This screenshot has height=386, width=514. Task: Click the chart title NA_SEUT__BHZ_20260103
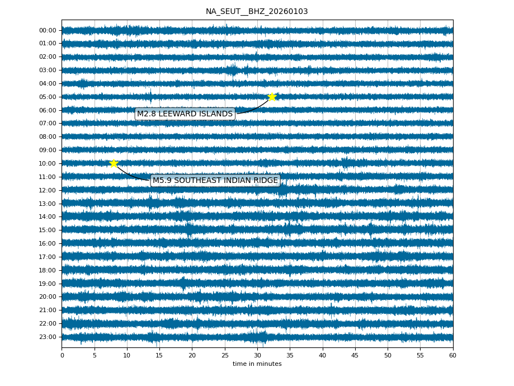coord(257,11)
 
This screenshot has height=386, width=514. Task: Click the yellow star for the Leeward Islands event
coord(272,97)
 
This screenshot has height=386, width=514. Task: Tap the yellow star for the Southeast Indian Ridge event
coord(114,163)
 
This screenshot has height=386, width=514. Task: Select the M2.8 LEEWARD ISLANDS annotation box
coord(185,114)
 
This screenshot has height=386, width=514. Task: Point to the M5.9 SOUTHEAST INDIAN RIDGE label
coord(215,181)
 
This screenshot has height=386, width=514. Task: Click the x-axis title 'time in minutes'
coord(257,364)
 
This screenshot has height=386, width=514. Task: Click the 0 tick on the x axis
coord(62,355)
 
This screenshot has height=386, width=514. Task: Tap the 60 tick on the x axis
coord(452,355)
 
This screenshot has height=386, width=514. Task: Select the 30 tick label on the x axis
coord(257,355)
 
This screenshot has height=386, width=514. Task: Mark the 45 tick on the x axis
coord(355,355)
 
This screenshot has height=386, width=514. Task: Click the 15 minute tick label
coord(159,355)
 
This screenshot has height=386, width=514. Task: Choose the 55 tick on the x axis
coord(420,355)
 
